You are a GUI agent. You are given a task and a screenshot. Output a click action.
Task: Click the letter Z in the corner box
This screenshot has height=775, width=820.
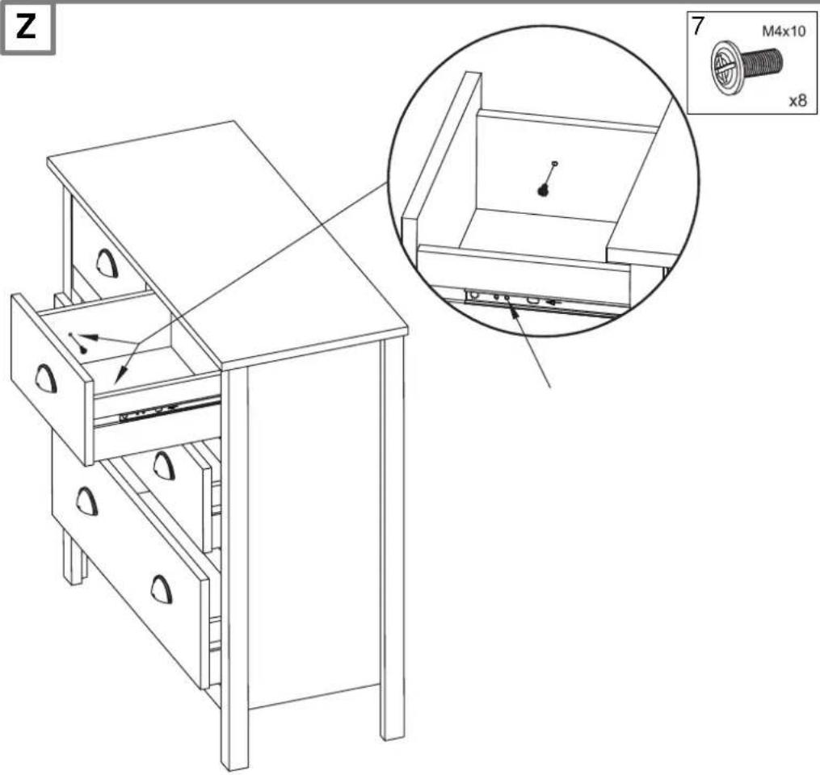click(x=26, y=27)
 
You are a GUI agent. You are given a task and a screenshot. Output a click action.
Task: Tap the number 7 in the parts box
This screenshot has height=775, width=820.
click(x=697, y=27)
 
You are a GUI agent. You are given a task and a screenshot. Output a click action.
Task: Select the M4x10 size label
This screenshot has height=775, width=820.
click(x=784, y=31)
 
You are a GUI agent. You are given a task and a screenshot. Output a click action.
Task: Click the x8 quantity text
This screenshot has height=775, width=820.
click(x=798, y=100)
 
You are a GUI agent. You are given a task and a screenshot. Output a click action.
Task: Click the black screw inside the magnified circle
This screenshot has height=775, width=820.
click(x=544, y=191)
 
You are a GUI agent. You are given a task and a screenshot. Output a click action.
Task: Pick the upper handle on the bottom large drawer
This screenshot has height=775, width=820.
click(x=86, y=501)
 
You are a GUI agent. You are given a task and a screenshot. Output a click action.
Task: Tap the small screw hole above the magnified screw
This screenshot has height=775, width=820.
click(x=555, y=163)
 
